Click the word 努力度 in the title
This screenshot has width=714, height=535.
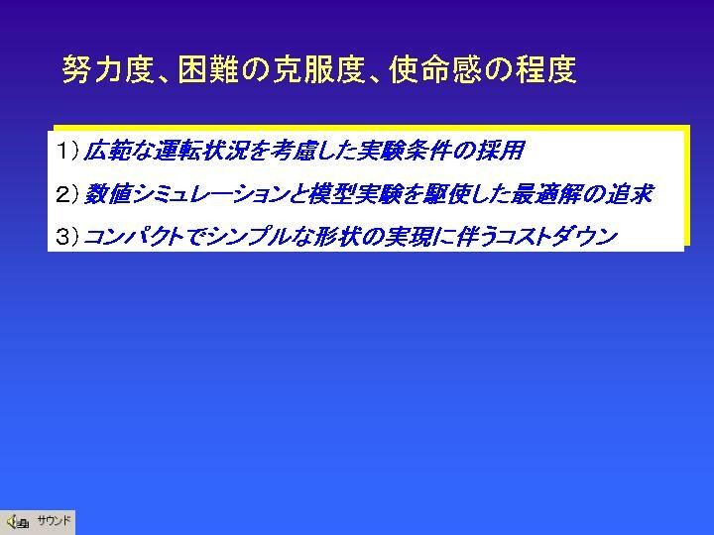tap(107, 69)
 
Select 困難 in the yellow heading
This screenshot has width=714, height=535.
tap(208, 69)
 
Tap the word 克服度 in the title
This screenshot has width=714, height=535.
tap(318, 69)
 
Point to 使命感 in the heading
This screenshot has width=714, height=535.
tap(434, 69)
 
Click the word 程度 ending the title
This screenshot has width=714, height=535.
tap(546, 69)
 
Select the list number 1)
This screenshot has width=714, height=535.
tap(67, 151)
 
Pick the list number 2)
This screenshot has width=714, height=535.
tap(67, 194)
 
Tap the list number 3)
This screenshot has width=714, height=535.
tap(67, 236)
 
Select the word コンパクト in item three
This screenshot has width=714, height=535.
tap(134, 237)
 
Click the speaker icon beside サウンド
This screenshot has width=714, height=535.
tap(17, 521)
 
